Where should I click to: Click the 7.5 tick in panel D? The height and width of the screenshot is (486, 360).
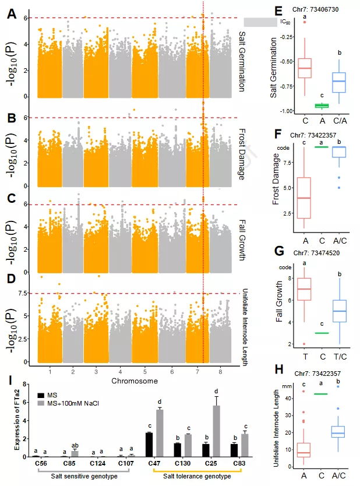coord(28,293)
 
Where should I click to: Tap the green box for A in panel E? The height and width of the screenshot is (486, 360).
coord(322,105)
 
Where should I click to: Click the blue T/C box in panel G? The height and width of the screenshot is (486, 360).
coord(338,311)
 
